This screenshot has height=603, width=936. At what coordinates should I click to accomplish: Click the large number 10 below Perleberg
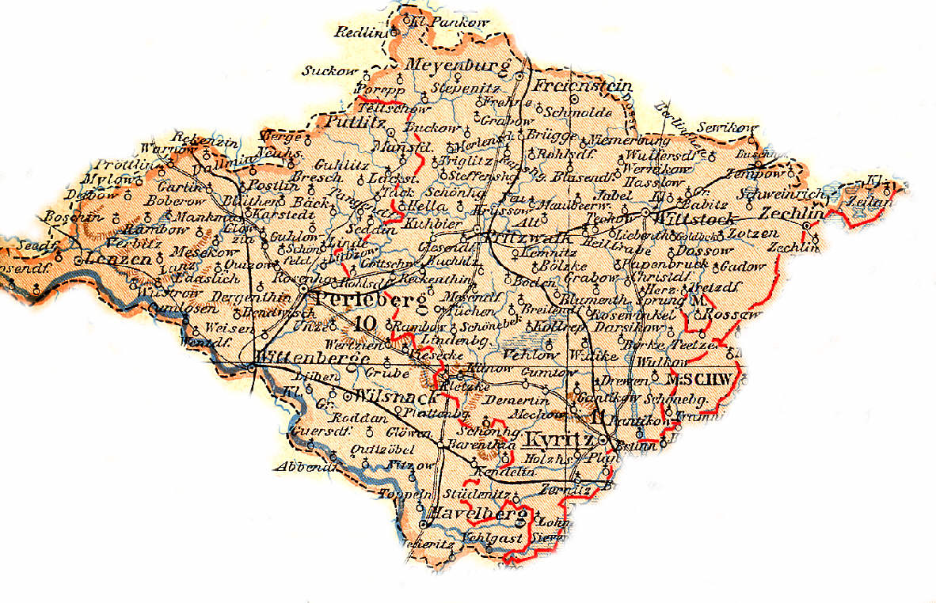(x=366, y=324)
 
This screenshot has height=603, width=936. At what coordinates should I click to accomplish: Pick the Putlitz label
(x=356, y=122)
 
